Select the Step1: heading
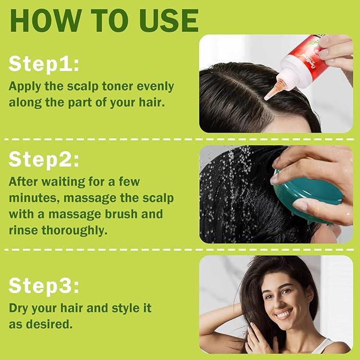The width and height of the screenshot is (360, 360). [x=44, y=64]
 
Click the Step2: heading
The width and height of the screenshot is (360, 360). [x=44, y=159]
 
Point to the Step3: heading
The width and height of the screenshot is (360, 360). [x=44, y=286]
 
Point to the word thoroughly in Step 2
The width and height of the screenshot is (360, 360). [x=76, y=231]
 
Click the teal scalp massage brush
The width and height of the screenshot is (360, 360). [x=308, y=199]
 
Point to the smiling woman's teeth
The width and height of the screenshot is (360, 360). [x=285, y=314]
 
